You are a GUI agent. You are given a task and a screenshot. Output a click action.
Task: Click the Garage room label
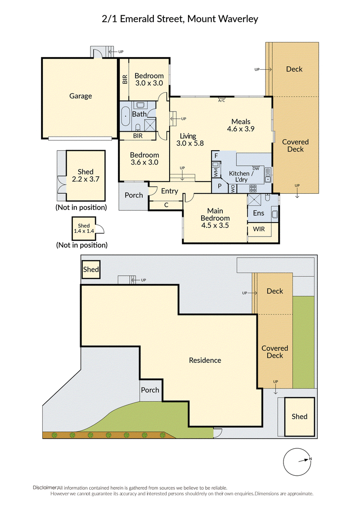(81, 96)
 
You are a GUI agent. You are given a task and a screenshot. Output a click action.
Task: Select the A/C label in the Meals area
(221, 101)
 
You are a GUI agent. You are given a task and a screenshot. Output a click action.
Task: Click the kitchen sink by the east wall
(268, 174)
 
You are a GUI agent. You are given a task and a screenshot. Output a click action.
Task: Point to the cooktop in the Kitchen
(253, 188)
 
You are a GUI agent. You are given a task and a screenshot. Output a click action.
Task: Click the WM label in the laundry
(216, 172)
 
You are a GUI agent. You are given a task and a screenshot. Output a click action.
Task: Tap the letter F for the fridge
(216, 156)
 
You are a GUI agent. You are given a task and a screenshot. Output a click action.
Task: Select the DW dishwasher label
(256, 169)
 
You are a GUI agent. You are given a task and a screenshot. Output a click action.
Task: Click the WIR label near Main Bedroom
(259, 229)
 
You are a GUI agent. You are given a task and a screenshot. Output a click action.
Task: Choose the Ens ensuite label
(259, 213)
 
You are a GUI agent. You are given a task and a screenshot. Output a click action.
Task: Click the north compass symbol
(297, 462)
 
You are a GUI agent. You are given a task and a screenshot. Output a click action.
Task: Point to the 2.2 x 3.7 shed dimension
(86, 179)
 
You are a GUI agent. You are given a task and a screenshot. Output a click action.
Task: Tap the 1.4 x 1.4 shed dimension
(84, 231)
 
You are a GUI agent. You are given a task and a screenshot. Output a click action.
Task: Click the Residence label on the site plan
(205, 360)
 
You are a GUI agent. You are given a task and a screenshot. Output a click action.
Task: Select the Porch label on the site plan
(150, 390)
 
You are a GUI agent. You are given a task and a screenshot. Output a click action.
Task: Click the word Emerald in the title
(137, 19)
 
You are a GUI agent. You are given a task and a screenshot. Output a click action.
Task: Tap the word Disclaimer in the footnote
(45, 487)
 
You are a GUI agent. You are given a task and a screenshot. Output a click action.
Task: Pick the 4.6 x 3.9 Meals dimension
(241, 129)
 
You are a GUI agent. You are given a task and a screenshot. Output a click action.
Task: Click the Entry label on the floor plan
(170, 191)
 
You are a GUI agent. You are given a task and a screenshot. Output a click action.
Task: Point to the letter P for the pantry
(220, 186)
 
